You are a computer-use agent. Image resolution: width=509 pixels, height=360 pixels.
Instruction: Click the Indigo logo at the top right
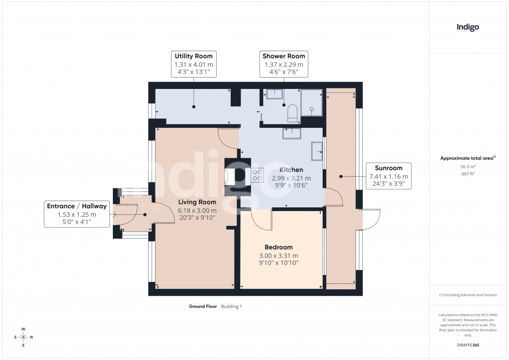[468, 28]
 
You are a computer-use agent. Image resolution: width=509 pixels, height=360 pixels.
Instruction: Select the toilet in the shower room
[292, 113]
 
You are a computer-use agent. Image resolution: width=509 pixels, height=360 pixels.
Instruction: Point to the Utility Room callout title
[193, 56]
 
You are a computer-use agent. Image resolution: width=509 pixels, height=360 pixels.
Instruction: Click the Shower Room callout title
[284, 56]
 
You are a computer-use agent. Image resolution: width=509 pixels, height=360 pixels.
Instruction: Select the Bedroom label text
[278, 247]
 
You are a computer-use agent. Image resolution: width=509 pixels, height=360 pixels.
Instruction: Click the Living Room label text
[197, 202]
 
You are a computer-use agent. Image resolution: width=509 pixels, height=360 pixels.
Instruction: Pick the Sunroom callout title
[388, 168]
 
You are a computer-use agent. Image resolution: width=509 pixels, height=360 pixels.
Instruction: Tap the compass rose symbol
[23, 337]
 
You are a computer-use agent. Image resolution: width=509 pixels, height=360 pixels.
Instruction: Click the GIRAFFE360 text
[468, 345]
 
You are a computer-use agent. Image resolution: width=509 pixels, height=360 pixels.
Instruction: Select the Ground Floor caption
[203, 307]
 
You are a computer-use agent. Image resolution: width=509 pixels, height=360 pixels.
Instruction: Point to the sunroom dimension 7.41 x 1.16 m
[388, 177]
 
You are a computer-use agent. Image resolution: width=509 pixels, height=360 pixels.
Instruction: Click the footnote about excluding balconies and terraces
[468, 295]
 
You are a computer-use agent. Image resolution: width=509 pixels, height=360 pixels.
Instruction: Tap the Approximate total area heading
[467, 159]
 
